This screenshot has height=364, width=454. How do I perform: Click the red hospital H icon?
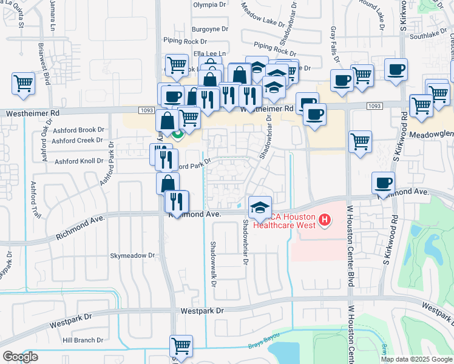pos(325,219)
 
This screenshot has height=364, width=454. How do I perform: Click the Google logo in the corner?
pos(20,356)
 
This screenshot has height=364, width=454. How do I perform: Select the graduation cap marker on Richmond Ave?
pos(259,206)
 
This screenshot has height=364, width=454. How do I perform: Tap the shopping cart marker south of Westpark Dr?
pos(181,346)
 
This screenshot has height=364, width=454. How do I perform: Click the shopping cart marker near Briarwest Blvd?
pos(23,83)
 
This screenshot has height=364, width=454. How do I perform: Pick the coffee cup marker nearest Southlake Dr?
pos(397,70)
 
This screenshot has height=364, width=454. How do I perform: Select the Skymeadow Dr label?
pos(132,256)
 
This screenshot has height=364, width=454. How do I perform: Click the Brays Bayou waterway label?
pos(262,346)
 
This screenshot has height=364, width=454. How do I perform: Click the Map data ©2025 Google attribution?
pos(416,359)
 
